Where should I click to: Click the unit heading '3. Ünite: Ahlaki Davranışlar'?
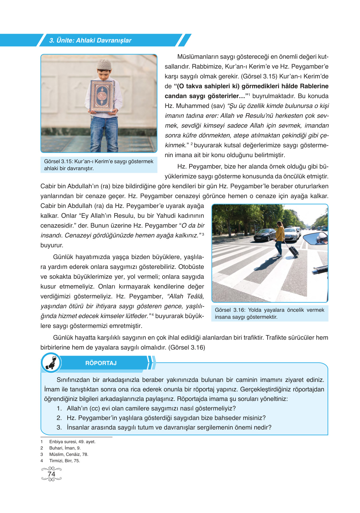[x=90, y=40]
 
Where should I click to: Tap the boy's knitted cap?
[x=104, y=64]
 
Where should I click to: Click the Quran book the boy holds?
[x=102, y=97]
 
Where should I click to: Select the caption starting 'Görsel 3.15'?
[x=99, y=165]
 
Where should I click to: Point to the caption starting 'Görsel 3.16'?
[x=270, y=313]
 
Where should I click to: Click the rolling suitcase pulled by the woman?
[x=293, y=250]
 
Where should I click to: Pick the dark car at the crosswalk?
[x=263, y=235]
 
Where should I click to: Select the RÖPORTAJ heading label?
[x=101, y=363]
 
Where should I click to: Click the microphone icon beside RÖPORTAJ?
[x=51, y=363]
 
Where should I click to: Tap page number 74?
[x=51, y=474]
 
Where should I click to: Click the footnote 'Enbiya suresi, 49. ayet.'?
[x=72, y=442]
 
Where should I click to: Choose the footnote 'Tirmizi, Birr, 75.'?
[x=65, y=461]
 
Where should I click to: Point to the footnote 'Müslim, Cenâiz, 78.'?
[x=69, y=454]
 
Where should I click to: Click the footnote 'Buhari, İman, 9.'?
[x=65, y=448]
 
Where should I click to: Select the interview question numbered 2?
[x=166, y=418]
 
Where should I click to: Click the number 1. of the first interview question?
[x=59, y=408]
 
